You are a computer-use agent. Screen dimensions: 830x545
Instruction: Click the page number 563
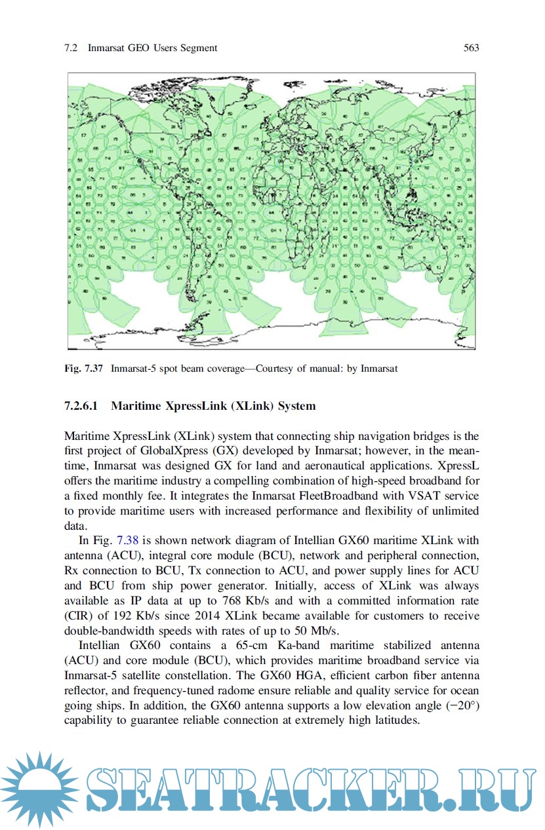[471, 48]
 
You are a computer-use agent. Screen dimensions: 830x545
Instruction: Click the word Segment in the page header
[197, 48]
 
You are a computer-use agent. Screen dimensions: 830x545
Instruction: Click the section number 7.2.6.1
[81, 406]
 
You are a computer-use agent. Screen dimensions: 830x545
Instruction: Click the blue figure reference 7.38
[127, 540]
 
